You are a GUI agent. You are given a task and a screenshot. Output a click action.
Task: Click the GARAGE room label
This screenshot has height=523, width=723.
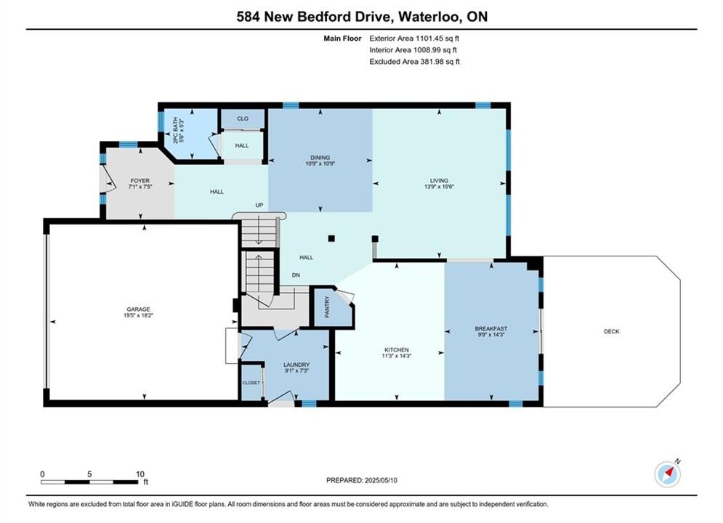click(x=138, y=309)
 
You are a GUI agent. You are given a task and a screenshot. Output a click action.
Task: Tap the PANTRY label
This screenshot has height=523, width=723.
click(x=328, y=307)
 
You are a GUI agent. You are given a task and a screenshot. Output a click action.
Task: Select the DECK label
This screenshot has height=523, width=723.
click(x=611, y=331)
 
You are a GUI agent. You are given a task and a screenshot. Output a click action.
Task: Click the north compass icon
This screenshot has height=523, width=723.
click(x=668, y=473)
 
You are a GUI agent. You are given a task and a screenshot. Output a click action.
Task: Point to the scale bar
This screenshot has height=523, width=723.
click(x=89, y=482)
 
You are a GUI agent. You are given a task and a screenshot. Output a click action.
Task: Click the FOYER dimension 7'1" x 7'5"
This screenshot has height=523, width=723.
click(x=140, y=187)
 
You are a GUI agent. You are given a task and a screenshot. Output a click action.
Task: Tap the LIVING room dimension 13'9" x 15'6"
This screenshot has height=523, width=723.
click(x=439, y=187)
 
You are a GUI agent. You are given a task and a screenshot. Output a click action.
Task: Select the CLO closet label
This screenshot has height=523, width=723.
click(x=243, y=118)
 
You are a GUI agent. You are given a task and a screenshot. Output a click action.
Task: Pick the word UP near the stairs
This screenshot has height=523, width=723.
click(x=259, y=205)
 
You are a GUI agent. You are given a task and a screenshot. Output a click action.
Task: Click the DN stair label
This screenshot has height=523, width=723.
click(x=296, y=275)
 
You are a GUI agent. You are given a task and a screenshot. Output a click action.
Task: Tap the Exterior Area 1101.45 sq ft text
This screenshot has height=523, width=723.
click(x=414, y=38)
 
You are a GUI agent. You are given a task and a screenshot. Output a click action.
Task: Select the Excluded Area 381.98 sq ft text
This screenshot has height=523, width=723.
click(x=414, y=62)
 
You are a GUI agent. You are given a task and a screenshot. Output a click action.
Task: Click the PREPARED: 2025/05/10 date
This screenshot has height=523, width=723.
click(x=362, y=480)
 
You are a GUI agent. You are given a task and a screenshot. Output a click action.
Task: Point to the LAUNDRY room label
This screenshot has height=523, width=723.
click(x=296, y=365)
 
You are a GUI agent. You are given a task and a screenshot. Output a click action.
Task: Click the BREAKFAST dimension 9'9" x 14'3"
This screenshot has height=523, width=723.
click(x=491, y=335)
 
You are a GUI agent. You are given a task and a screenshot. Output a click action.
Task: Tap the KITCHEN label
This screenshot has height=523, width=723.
click(x=397, y=349)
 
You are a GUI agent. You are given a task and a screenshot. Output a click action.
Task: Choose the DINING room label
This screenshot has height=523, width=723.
click(x=320, y=158)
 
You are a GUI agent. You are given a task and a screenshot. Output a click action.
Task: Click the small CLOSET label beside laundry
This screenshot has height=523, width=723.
click(x=251, y=383)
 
